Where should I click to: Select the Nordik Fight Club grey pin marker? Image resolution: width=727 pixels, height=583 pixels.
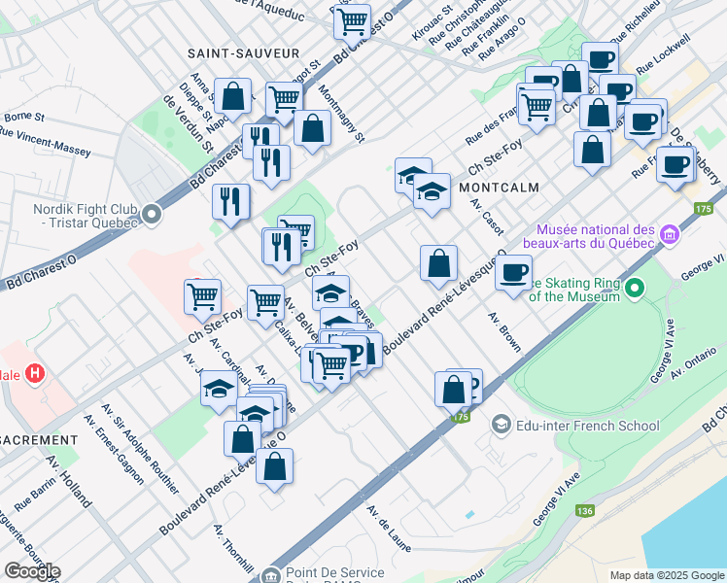click(x=152, y=213)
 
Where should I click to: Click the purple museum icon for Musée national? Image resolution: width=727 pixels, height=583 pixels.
click(x=668, y=234)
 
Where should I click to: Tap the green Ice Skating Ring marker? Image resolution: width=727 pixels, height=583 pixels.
click(x=635, y=288)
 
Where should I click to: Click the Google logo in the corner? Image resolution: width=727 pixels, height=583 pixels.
click(x=31, y=571)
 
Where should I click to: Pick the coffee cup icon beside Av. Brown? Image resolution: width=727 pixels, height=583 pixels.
click(x=513, y=271)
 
